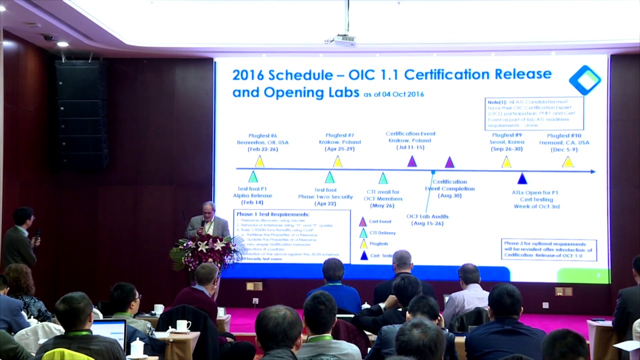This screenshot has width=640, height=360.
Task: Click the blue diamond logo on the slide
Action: tap(585, 80)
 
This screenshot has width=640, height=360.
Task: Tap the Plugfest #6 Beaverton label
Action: tap(262, 142)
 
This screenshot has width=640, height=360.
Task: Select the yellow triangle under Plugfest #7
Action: tap(337, 161)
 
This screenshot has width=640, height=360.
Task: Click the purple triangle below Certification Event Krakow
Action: tap(412, 161)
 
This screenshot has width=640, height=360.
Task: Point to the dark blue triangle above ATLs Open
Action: tap(522, 178)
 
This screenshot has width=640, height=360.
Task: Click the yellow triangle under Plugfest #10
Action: tap(567, 162)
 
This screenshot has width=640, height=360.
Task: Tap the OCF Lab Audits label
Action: tap(427, 219)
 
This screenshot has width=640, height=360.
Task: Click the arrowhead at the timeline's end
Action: tap(592, 171)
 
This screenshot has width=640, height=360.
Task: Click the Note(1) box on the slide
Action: tap(534, 113)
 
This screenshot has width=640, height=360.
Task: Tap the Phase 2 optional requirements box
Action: tap(548, 249)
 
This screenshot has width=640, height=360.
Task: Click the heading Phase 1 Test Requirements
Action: tap(272, 214)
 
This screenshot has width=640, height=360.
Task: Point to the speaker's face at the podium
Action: tap(208, 210)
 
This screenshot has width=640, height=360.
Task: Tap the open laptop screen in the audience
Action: tap(109, 332)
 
